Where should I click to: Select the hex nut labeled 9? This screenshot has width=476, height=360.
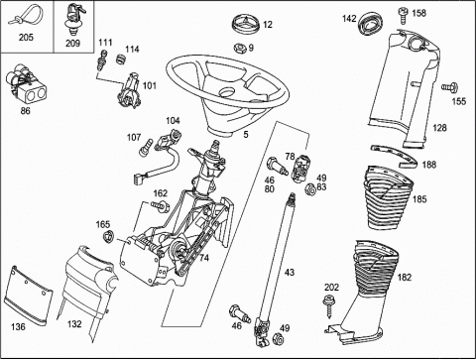tap(240, 48)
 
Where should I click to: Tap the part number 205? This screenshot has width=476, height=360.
tap(26, 37)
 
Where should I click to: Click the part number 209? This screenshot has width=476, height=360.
tap(72, 43)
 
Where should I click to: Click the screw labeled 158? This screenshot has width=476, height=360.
tap(403, 15)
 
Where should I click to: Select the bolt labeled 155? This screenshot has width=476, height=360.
tap(449, 87)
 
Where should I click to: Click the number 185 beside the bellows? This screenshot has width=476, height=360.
tap(419, 199)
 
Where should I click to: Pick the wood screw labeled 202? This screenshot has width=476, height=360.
tap(328, 305)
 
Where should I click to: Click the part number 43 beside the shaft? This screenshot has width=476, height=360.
tap(290, 273)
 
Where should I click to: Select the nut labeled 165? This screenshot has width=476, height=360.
tap(108, 237)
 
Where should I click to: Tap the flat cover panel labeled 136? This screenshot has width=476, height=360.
tap(30, 295)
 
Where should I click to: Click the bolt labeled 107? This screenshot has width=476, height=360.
tap(146, 148)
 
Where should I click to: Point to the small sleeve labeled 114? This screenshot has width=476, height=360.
tap(122, 60)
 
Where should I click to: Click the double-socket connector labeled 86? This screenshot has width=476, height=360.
tap(26, 85)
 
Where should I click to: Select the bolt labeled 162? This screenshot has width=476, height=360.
tap(160, 206)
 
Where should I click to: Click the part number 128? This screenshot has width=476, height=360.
tap(439, 128)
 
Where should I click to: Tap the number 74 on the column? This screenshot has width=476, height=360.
tap(204, 258)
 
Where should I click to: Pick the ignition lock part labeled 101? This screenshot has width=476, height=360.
tap(129, 91)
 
